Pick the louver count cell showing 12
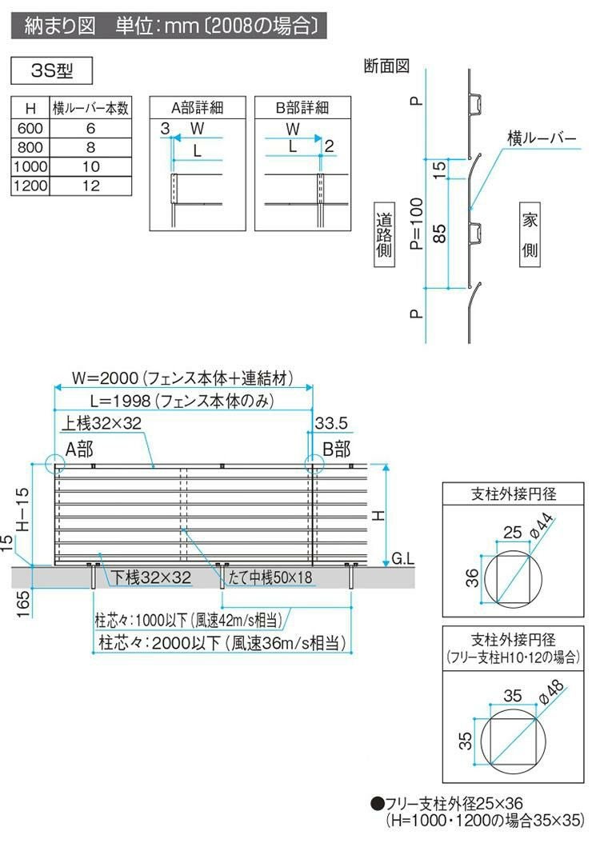tap(90, 186)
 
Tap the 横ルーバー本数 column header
tap(90, 107)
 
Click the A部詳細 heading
tap(197, 107)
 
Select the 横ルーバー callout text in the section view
tap(542, 138)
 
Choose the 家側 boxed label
tap(530, 234)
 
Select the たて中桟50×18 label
tap(269, 577)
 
